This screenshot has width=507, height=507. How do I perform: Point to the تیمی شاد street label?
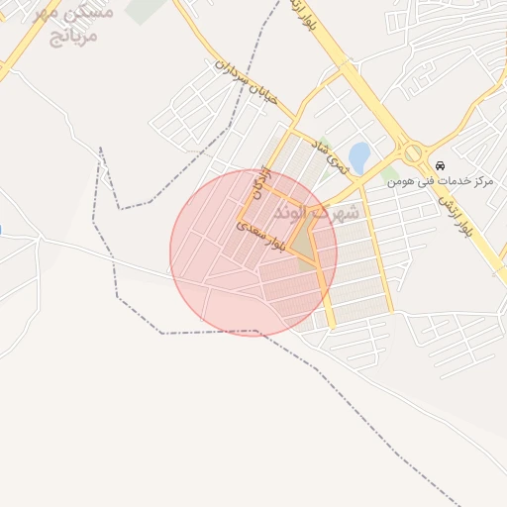coord(332,155)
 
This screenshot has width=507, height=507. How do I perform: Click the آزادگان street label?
coord(259,182)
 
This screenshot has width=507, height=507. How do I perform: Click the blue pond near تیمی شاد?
coord(358,155)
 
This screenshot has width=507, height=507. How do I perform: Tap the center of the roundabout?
coord(412,154)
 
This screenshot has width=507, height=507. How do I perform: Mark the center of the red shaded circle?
coord(253,253)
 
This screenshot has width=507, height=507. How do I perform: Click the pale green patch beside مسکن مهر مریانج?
coord(148,9)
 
